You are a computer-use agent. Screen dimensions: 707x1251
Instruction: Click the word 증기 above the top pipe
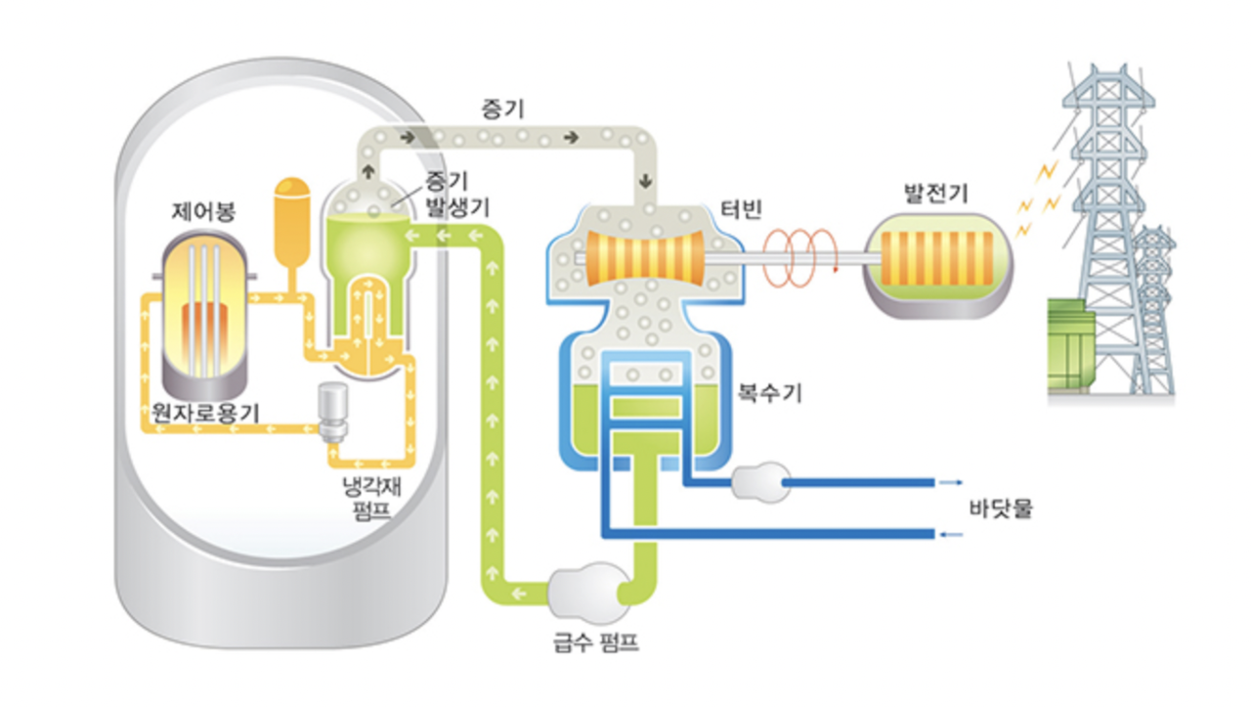[502, 108]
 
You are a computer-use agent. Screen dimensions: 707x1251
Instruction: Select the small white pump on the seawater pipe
[759, 483]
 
